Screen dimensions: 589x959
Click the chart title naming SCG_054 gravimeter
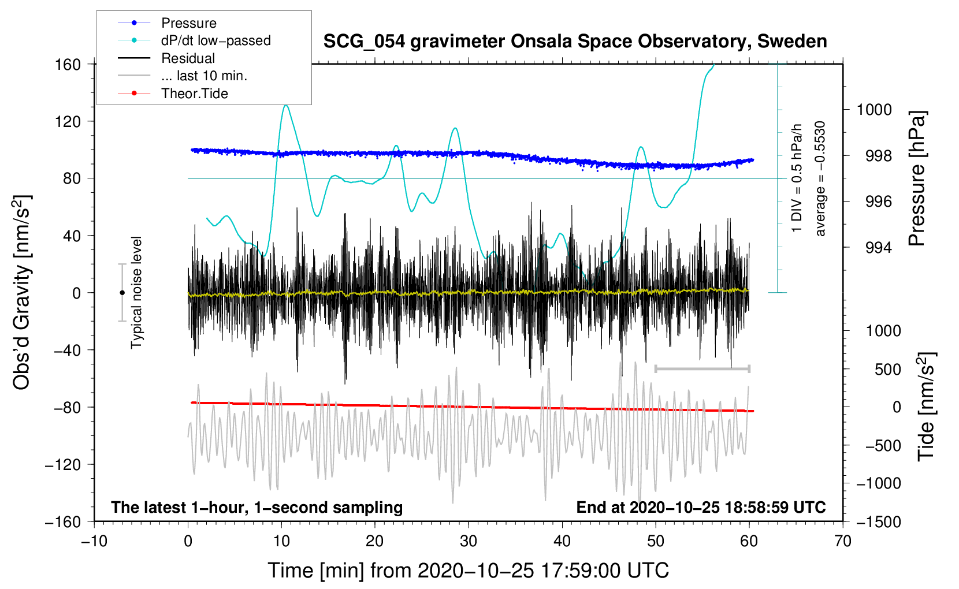pos(575,42)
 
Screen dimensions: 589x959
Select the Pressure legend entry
pos(188,23)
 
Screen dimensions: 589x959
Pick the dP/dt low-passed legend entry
pos(215,40)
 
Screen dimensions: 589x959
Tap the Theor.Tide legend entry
pos(194,94)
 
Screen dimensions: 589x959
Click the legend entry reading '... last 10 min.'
pos(204,76)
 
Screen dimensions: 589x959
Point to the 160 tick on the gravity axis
pos(68,64)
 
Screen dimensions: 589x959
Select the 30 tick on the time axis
pos(469,541)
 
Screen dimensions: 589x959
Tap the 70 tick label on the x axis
pos(843,541)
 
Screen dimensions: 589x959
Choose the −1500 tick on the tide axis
pos(879,521)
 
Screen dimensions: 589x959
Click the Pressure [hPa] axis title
pos(917,179)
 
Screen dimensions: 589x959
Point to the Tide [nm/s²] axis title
pos(925,407)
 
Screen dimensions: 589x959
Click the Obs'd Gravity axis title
pos(22,292)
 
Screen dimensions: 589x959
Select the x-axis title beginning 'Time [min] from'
pos(468,571)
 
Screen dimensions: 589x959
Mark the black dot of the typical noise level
pos(122,293)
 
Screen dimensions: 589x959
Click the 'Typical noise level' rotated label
pos(136,292)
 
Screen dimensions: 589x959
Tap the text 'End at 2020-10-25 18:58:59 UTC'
pos(701,508)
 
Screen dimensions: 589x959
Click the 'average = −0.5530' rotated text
pos(820,178)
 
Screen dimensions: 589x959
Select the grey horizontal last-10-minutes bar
pos(702,368)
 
